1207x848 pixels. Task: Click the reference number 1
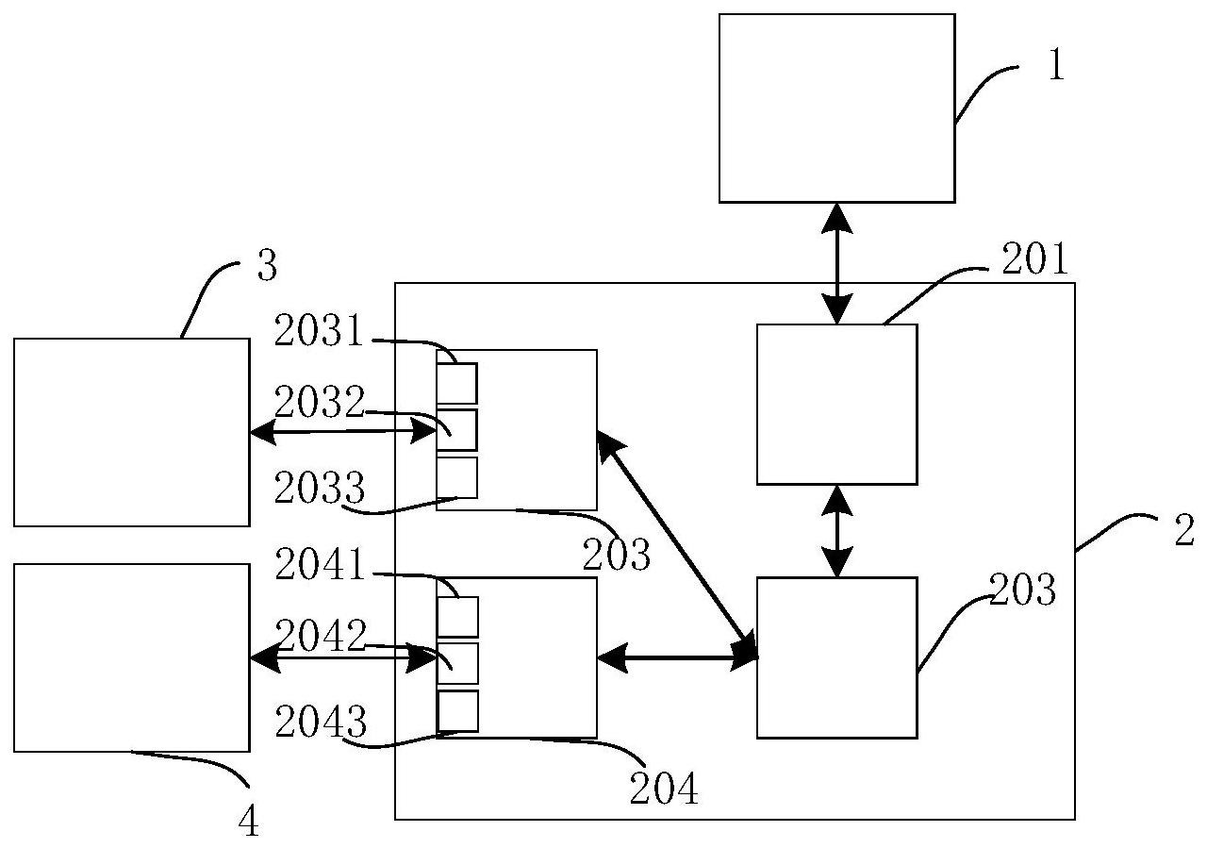1056,66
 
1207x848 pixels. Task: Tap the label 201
1034,261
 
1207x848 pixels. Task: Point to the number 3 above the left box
267,267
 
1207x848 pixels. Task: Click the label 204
665,789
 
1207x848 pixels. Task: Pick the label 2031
319,331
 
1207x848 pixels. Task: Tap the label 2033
319,488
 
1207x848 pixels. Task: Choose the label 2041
319,565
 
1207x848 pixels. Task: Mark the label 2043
319,722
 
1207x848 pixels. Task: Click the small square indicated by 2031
457,383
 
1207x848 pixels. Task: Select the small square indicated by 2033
457,477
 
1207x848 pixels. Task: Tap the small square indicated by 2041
458,617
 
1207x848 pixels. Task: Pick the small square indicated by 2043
458,711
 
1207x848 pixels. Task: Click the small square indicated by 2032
457,430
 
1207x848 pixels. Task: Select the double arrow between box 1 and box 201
836,263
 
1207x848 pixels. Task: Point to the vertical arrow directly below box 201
836,531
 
